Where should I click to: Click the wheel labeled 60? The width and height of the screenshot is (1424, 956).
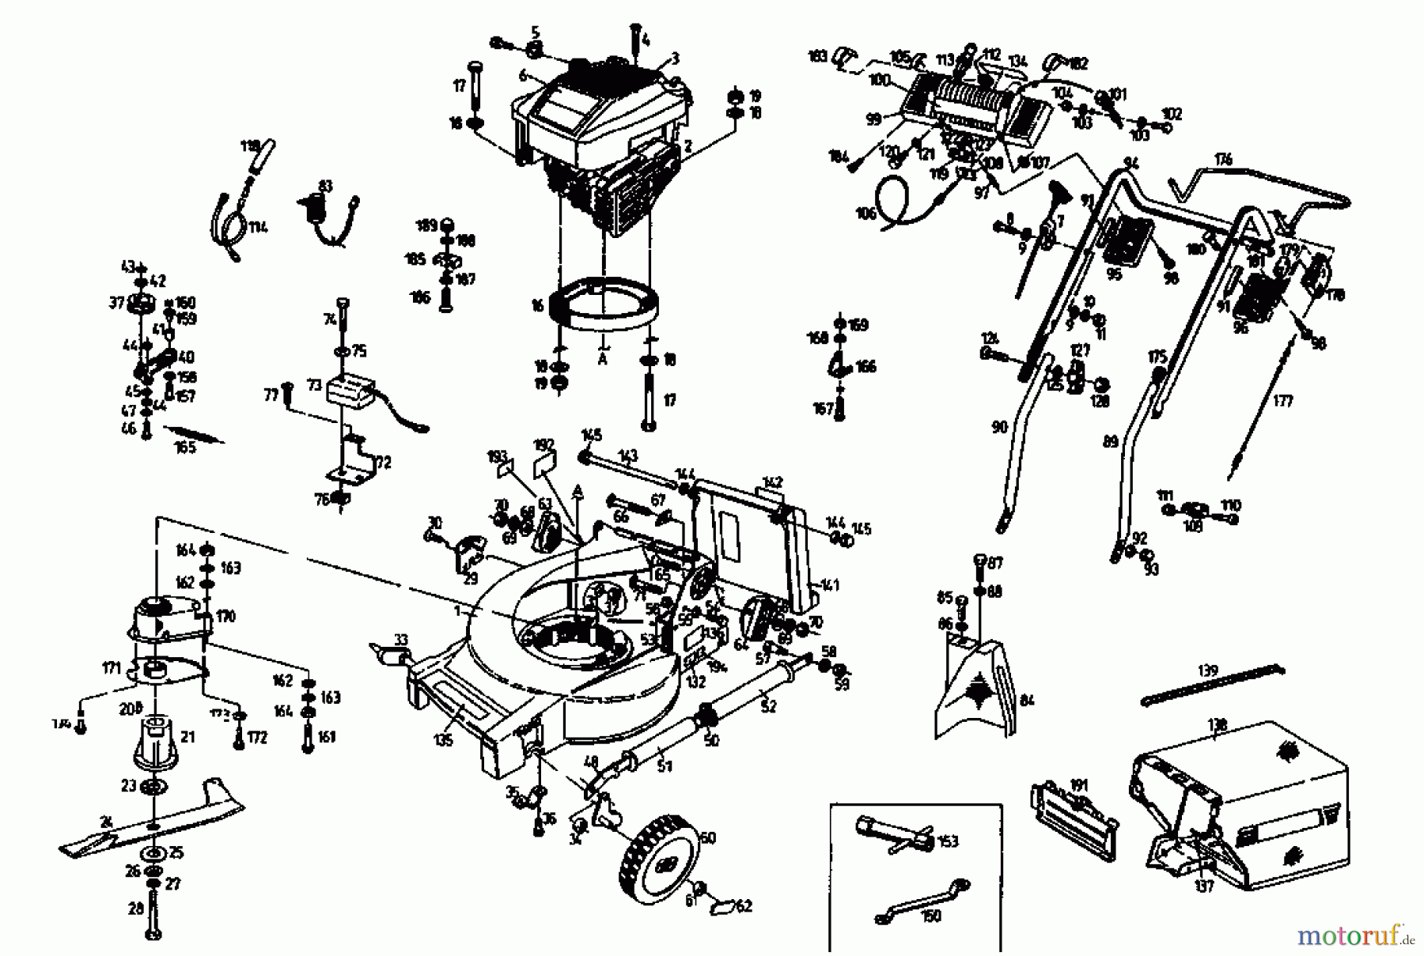click(661, 864)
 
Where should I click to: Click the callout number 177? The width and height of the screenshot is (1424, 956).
click(1282, 401)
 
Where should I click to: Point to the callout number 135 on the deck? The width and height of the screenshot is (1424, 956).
click(443, 740)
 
